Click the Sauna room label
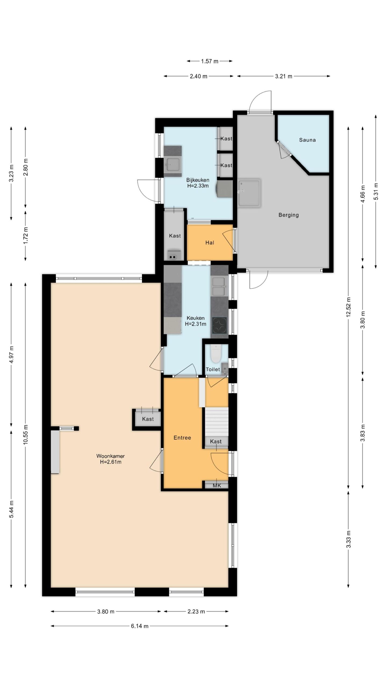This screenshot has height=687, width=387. coord(307,140)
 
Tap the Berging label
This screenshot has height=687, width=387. coord(288,215)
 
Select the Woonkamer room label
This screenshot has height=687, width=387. coord(110,456)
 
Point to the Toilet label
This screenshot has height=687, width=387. coord(213,369)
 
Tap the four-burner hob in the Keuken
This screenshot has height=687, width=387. coord(219,325)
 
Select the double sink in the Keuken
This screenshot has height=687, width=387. coord(219,287)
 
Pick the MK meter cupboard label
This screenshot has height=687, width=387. coord(217,485)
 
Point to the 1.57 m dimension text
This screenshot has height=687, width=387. coord(210,61)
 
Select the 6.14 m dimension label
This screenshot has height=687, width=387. coord(139,626)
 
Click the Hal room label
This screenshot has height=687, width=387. coord(210,243)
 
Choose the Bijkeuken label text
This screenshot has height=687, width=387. coord(198,180)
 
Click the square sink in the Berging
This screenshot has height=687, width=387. coord(249,193)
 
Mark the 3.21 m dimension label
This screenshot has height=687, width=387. coord(283,76)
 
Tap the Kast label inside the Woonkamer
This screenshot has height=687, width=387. coord(148,419)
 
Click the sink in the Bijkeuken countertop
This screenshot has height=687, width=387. coord(173,164)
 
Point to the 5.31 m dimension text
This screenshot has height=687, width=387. coord(376,191)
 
